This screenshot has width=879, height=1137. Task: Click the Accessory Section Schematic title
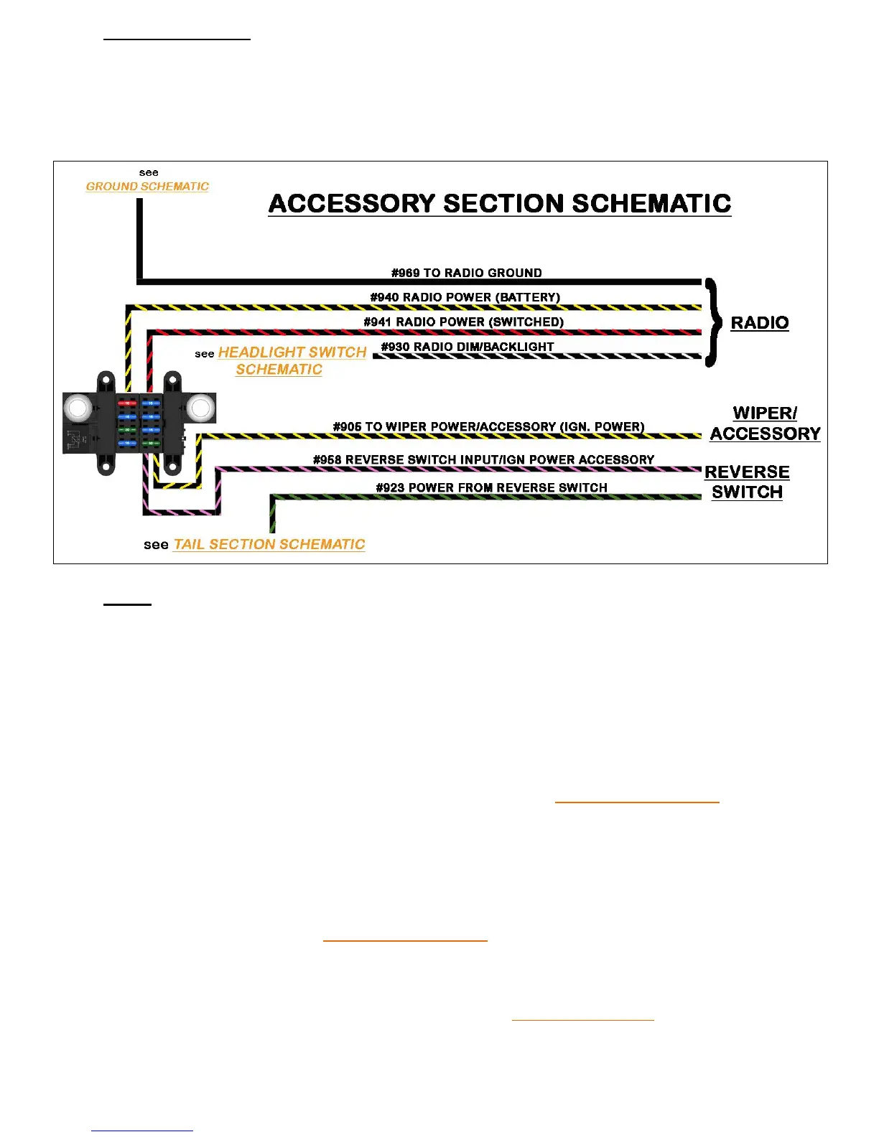tap(500, 204)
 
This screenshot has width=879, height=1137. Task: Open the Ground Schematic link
tap(147, 187)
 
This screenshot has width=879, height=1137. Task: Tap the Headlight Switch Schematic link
tap(292, 360)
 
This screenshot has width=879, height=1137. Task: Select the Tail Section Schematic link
tap(269, 545)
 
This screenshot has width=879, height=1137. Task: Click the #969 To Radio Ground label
tap(467, 273)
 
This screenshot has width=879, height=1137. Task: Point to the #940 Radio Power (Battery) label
tap(465, 297)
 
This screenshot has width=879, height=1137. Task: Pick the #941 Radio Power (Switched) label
tap(464, 322)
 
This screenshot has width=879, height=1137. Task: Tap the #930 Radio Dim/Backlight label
tap(468, 347)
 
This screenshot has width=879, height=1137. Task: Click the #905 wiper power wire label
tap(489, 426)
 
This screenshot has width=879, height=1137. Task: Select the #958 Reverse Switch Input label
tap(484, 459)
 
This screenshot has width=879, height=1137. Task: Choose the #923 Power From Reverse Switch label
tap(492, 487)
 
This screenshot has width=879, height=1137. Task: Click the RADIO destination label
tap(760, 323)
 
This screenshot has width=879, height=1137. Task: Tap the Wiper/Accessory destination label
tap(766, 424)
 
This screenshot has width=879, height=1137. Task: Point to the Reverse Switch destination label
tap(747, 482)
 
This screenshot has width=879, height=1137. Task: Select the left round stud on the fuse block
tap(77, 408)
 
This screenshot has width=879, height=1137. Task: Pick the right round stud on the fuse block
tap(200, 408)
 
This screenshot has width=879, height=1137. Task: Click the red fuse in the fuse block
tap(128, 403)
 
